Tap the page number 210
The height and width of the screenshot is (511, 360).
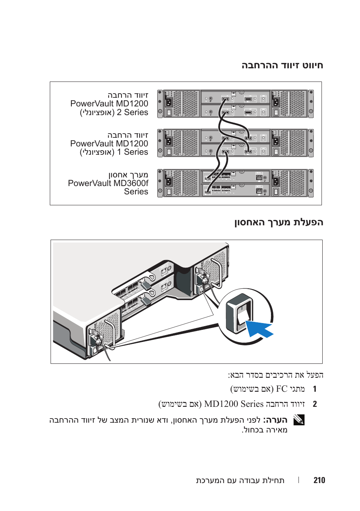319,480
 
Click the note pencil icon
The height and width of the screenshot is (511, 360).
299,420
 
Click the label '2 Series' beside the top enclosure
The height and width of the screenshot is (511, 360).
132,112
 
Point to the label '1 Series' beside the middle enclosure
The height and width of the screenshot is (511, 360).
132,152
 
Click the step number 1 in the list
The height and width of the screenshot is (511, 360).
315,389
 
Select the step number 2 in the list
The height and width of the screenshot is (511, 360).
315,404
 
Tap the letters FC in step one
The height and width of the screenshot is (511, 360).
282,389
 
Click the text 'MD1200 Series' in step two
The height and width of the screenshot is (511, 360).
234,404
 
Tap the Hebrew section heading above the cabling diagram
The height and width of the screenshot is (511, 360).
282,65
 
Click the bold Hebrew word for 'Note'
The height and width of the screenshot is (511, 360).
275,420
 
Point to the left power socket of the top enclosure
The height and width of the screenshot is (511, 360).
169,102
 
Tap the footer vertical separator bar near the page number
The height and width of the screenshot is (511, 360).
298,480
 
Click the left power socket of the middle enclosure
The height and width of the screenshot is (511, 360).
169,142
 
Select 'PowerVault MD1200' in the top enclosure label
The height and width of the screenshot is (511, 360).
109,104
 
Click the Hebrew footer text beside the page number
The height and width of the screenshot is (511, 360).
240,480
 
